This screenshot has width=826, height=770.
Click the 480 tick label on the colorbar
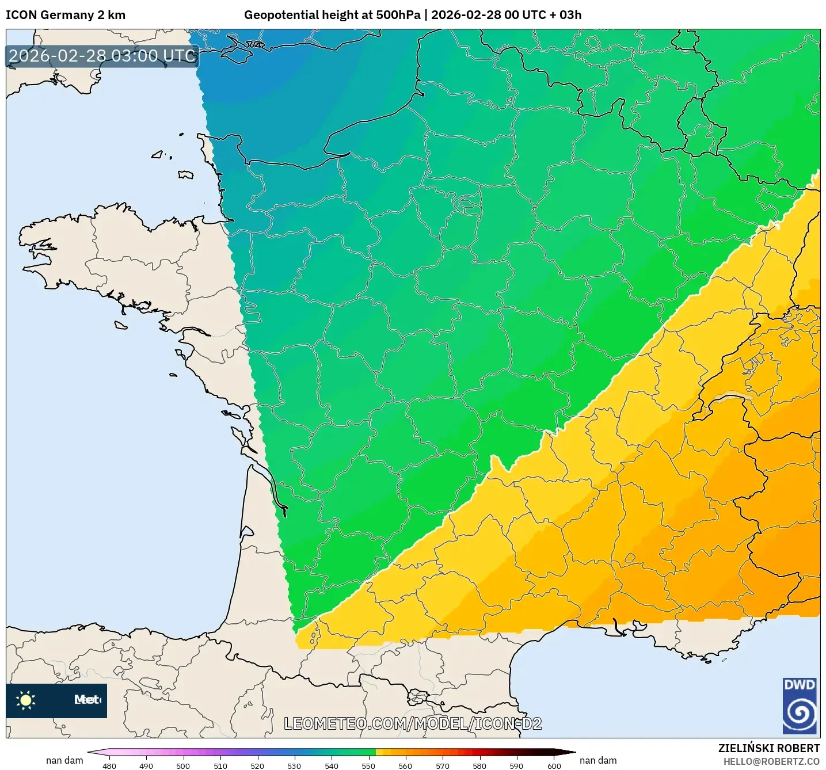pos(109,765)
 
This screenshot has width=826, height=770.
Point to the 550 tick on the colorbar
pos(368,765)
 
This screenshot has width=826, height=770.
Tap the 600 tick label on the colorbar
pos(554,765)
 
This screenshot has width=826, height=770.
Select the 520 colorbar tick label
pos(257,765)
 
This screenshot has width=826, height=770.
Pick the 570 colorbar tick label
pos(443,765)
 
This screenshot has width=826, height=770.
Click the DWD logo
pos(800,706)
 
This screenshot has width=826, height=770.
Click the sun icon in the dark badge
pos(26,700)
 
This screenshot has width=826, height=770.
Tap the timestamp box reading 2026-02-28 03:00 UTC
pos(102,56)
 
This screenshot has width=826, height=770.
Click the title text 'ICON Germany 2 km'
pos(66,15)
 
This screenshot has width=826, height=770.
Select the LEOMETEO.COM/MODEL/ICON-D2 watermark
pos(413,723)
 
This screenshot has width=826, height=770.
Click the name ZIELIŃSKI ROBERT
pos(768,748)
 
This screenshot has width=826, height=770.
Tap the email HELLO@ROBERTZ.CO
pos(771,761)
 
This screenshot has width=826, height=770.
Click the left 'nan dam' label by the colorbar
pos(64,760)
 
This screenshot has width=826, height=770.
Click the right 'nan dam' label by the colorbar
pos(597,760)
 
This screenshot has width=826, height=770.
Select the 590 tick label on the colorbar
pos(516,765)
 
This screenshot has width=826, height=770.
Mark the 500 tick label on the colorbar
pos(183,765)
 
